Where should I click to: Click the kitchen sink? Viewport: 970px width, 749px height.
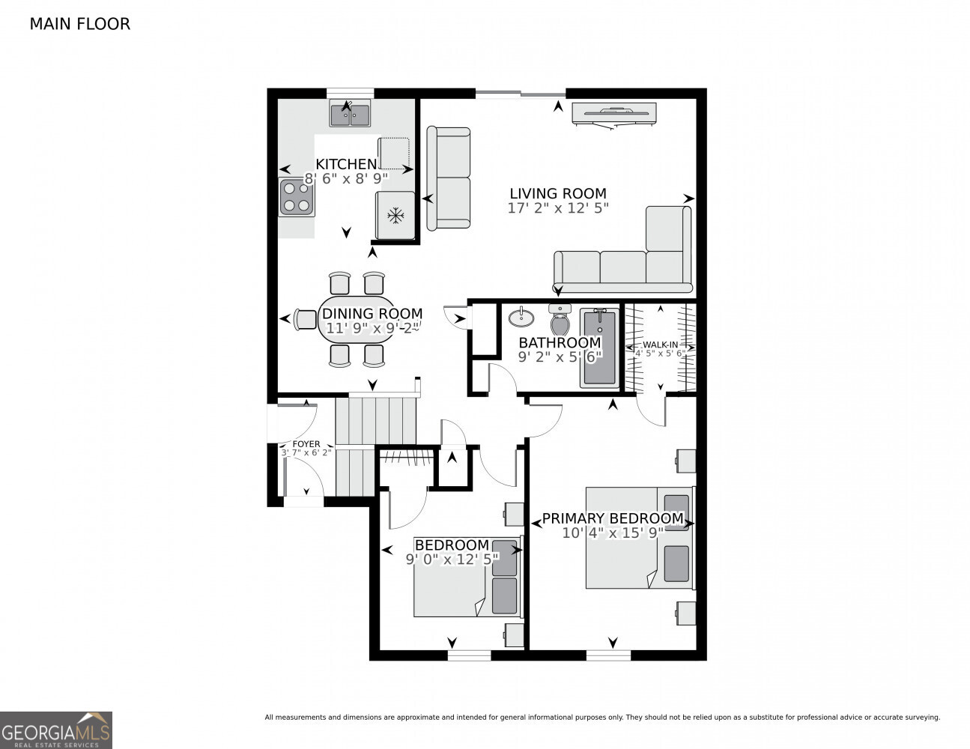click(350, 115)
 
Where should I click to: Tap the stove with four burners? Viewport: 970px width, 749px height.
click(297, 197)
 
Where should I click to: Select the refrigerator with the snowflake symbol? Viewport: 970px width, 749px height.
click(395, 216)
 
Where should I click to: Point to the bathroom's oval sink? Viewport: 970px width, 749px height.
click(521, 318)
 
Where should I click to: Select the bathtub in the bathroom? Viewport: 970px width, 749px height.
click(599, 348)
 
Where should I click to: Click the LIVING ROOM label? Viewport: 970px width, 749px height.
click(557, 193)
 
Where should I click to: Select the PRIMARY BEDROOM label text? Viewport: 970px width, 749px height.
click(612, 518)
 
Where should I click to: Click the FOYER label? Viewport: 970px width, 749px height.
click(306, 444)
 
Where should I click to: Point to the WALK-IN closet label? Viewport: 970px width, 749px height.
click(660, 345)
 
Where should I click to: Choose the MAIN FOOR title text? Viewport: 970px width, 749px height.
click(79, 24)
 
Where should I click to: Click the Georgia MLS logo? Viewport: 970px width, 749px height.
click(56, 730)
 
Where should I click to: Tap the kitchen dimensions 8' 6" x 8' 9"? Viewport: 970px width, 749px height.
click(346, 179)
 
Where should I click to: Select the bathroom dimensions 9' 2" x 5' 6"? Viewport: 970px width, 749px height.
click(560, 357)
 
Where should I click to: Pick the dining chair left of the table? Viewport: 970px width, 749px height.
click(306, 319)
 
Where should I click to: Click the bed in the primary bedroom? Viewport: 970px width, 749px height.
click(639, 538)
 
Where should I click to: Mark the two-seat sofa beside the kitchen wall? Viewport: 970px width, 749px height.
click(449, 178)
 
